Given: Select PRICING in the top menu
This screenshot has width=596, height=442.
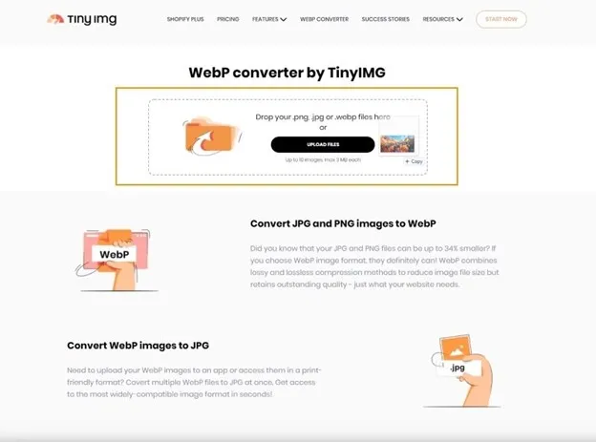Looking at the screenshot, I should [x=227, y=19].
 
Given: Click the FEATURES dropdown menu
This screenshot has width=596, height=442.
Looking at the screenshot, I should [x=269, y=19].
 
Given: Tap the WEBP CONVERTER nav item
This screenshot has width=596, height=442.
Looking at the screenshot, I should [x=324, y=19].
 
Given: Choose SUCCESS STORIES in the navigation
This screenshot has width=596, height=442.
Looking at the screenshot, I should [x=386, y=19].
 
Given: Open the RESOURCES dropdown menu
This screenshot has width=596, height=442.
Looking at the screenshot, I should [x=442, y=19].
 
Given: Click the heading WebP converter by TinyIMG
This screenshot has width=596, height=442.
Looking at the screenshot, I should [x=287, y=72].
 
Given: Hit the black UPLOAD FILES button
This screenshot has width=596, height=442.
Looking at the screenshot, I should [x=323, y=144].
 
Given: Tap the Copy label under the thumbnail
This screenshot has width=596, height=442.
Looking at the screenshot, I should [x=415, y=162].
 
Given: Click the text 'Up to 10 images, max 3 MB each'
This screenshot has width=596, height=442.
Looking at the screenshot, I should [x=323, y=160].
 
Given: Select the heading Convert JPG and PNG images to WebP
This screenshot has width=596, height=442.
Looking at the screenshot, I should [x=343, y=223].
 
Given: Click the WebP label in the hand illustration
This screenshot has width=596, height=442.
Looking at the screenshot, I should [x=114, y=255].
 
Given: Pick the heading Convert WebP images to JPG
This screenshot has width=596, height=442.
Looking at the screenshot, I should [x=138, y=346].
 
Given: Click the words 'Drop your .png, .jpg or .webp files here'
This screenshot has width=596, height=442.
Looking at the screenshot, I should [x=323, y=116].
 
